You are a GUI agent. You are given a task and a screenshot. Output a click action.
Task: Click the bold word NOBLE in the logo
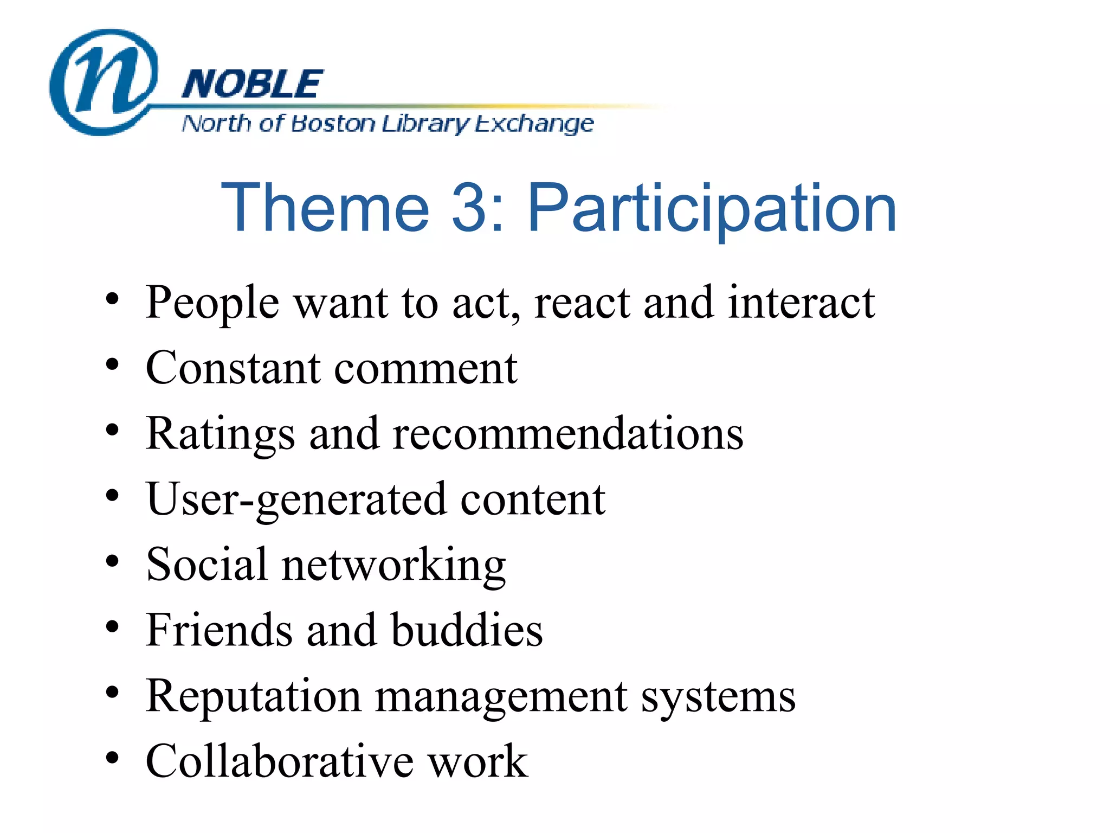point(252,85)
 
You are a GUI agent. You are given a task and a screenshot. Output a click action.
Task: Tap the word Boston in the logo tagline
point(333,124)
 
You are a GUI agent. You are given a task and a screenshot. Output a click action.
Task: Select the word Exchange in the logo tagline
point(534,125)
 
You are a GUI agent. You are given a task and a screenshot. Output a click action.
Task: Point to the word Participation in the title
point(712,209)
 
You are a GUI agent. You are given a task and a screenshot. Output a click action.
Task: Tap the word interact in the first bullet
point(801,302)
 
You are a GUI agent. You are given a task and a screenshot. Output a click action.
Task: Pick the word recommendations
point(567,434)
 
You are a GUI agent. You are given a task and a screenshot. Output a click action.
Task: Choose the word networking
point(393,566)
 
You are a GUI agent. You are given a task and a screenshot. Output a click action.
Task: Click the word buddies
point(467,630)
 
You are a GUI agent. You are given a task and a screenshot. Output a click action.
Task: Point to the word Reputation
point(253,697)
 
